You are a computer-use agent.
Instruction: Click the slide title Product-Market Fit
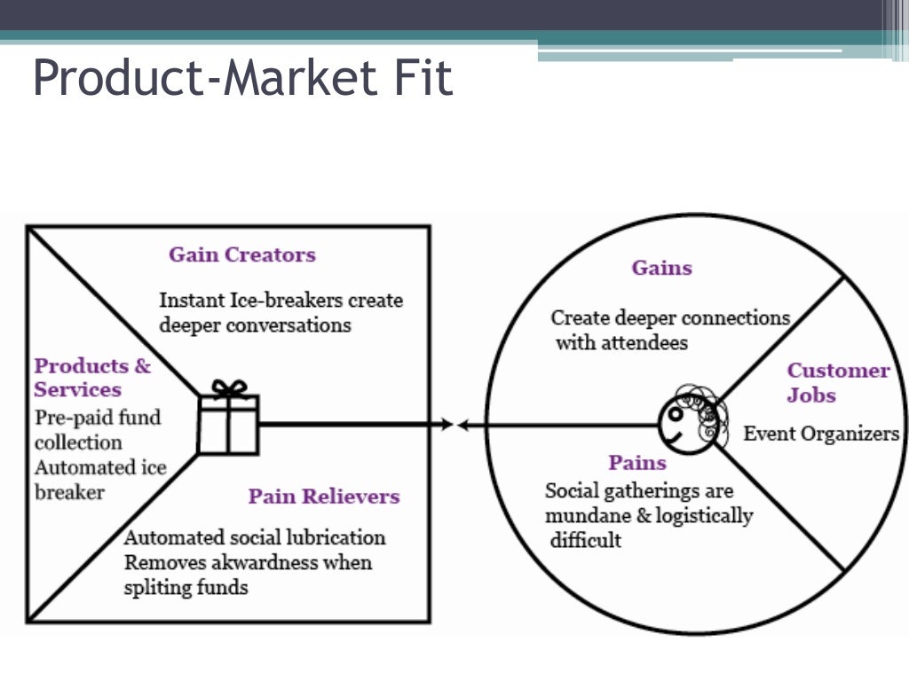(x=242, y=78)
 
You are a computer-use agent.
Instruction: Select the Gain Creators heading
(x=242, y=254)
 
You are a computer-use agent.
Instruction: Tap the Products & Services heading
(x=92, y=378)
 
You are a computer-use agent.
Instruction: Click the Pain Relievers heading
(x=324, y=496)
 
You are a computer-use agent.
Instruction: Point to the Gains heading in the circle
(x=661, y=268)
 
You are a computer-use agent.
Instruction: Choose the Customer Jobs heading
(x=837, y=382)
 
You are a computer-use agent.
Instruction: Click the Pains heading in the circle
(x=637, y=462)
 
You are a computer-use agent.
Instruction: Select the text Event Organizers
(x=821, y=434)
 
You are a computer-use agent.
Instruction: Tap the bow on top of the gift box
(x=229, y=388)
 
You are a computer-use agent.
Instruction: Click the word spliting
(x=159, y=586)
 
